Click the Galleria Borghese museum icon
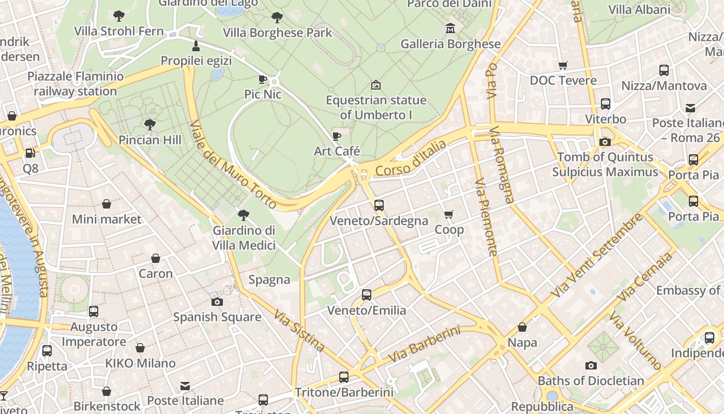click(450, 28)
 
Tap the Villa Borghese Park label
click(277, 33)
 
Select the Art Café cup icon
click(337, 136)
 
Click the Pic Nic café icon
click(263, 79)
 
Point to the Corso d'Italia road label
click(411, 158)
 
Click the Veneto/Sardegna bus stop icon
click(379, 205)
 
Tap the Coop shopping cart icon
click(449, 214)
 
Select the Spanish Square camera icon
click(217, 302)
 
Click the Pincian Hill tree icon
click(150, 124)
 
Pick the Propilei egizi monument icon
click(196, 46)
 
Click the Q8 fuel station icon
click(31, 153)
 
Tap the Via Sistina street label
click(299, 331)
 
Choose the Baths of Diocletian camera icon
click(591, 366)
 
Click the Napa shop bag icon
click(522, 327)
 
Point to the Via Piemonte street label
click(486, 217)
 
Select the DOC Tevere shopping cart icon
click(563, 65)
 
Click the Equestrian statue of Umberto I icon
click(376, 84)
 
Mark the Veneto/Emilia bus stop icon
click(367, 295)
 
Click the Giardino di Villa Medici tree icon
click(244, 215)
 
